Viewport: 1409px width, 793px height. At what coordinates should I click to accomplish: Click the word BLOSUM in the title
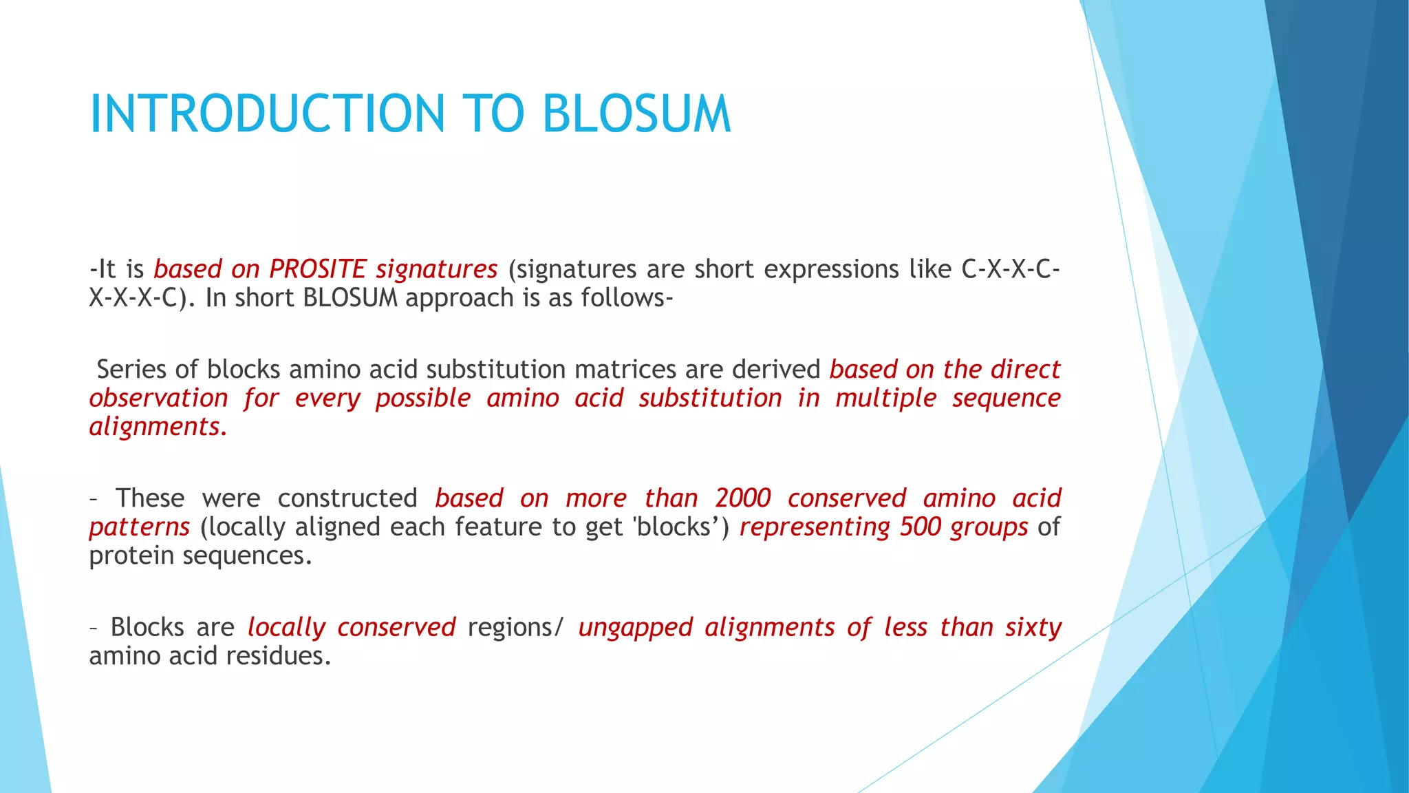coord(636,114)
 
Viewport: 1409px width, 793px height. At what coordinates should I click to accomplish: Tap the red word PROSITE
coord(317,269)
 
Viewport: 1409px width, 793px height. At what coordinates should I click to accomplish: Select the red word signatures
coord(436,269)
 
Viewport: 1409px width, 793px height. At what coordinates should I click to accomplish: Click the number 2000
coord(742,498)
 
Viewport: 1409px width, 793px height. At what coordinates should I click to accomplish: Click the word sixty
coord(1033,628)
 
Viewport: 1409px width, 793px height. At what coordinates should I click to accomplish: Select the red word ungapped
coord(635,628)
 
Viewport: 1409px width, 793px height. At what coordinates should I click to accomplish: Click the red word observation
coord(158,399)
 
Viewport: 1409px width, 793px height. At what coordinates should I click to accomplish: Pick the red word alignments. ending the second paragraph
coord(158,427)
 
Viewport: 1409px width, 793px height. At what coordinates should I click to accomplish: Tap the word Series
coord(131,370)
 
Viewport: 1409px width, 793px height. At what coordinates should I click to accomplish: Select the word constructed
coord(347,498)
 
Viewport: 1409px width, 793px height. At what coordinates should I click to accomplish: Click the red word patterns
coord(139,527)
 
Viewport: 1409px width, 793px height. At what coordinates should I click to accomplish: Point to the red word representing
coord(815,527)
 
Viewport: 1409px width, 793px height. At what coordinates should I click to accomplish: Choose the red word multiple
coord(886,399)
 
